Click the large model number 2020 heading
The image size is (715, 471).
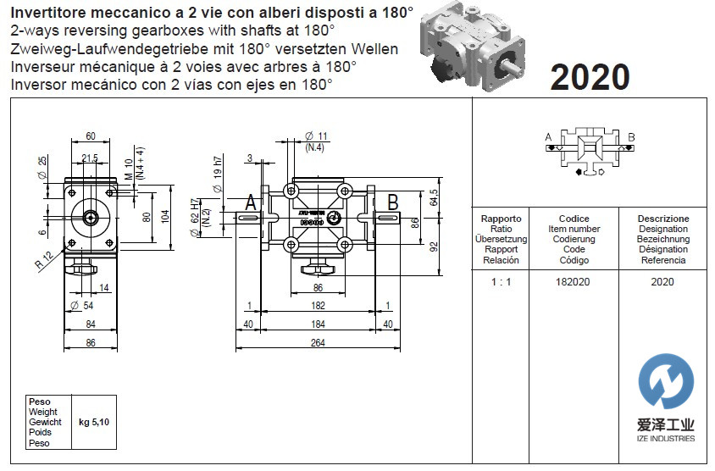click(x=590, y=77)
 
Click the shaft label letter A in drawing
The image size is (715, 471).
click(x=252, y=202)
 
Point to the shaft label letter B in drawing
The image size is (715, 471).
click(x=393, y=202)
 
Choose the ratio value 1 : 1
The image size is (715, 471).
click(x=501, y=281)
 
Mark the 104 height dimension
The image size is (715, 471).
click(x=166, y=216)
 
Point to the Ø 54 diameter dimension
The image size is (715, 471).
click(x=81, y=305)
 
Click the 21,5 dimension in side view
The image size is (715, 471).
click(x=91, y=158)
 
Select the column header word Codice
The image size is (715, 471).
click(x=574, y=219)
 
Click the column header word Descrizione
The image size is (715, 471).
click(x=663, y=219)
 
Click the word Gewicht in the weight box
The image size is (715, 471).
click(x=45, y=422)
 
